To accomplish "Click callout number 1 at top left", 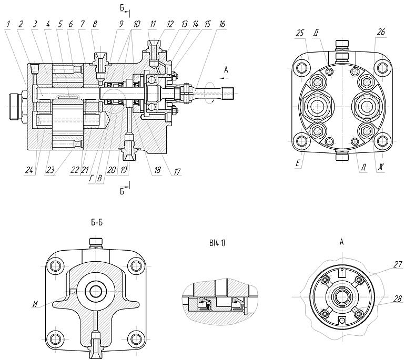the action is pos(8,24).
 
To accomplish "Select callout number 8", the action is pos(95,24).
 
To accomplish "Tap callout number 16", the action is pos(222,24).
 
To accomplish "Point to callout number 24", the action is pos(29,170).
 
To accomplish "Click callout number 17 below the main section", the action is pos(177,171).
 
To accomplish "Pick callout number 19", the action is pos(124,170).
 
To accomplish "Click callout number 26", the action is pos(381,32).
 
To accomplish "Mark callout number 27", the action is pos(398,264).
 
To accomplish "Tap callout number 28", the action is pos(398,299).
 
